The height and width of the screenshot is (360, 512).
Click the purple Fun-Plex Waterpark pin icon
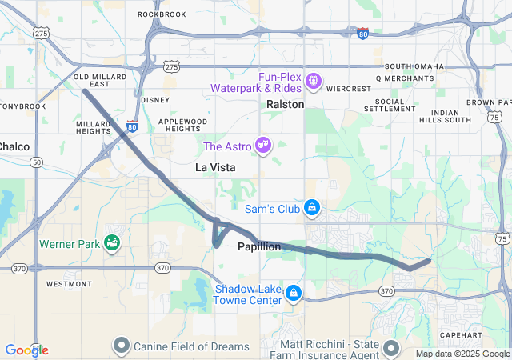click(313, 80)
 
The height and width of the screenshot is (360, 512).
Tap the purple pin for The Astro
click(262, 145)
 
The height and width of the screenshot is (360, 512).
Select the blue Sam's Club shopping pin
click(312, 209)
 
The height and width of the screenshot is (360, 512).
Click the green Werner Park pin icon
click(113, 241)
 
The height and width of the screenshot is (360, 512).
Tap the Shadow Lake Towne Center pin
click(294, 294)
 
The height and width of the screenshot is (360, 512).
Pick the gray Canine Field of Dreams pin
click(122, 346)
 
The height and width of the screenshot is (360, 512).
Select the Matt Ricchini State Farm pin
click(390, 347)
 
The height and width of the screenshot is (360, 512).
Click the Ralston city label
click(286, 104)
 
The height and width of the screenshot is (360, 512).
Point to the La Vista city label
click(215, 167)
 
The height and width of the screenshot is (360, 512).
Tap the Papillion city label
click(259, 247)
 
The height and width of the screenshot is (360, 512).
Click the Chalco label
click(14, 146)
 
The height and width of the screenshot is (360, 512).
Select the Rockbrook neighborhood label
click(162, 14)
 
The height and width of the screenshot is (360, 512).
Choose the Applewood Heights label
click(183, 125)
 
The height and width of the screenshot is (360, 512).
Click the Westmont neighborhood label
click(69, 284)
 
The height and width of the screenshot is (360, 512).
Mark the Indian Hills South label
click(451, 116)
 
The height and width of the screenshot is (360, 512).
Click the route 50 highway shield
click(37, 162)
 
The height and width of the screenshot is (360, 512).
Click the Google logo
click(26, 350)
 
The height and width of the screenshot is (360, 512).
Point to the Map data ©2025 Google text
click(462, 354)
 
